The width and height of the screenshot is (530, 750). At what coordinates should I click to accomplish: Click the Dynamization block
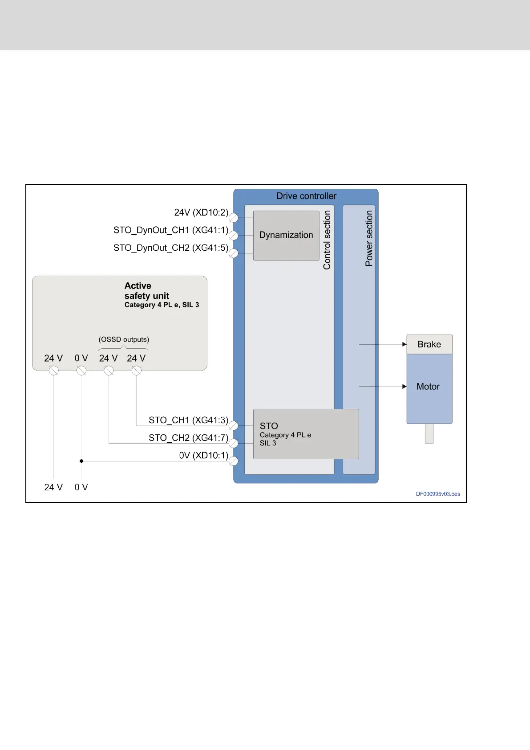pyautogui.click(x=286, y=236)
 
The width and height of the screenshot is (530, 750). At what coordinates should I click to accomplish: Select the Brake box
pyautogui.click(x=429, y=344)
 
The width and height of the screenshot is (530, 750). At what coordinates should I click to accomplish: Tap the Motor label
pyautogui.click(x=428, y=387)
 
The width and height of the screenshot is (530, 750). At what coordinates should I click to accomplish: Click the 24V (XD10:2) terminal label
pyautogui.click(x=201, y=212)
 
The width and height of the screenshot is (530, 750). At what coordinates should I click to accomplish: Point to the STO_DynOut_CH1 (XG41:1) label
pyautogui.click(x=171, y=230)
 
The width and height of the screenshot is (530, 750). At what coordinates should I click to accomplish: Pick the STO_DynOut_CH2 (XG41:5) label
pyautogui.click(x=171, y=248)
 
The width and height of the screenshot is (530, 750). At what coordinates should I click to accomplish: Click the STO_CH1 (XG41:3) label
pyautogui.click(x=188, y=420)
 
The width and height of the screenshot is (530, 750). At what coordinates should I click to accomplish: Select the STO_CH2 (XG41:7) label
pyautogui.click(x=188, y=438)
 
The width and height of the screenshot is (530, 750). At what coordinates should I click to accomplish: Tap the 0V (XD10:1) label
pyautogui.click(x=203, y=456)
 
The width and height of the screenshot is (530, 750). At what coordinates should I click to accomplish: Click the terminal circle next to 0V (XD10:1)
pyautogui.click(x=234, y=461)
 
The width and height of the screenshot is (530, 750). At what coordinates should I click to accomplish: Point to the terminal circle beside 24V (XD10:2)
pyautogui.click(x=234, y=218)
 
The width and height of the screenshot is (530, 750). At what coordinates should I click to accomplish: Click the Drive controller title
pyautogui.click(x=306, y=196)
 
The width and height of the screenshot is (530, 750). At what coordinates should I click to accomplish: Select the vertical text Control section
pyautogui.click(x=327, y=240)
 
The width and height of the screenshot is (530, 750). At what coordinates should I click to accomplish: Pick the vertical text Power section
pyautogui.click(x=369, y=239)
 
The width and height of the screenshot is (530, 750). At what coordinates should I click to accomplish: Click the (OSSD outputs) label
pyautogui.click(x=124, y=339)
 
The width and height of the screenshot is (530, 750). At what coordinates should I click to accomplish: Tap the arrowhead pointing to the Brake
pyautogui.click(x=405, y=344)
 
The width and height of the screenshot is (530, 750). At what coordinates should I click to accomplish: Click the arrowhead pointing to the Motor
pyautogui.click(x=405, y=387)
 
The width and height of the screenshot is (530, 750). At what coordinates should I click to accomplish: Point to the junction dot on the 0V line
pyautogui.click(x=81, y=461)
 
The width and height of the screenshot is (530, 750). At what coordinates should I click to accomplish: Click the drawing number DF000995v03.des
pyautogui.click(x=438, y=494)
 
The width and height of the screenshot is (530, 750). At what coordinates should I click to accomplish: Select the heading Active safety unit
pyautogui.click(x=147, y=291)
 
